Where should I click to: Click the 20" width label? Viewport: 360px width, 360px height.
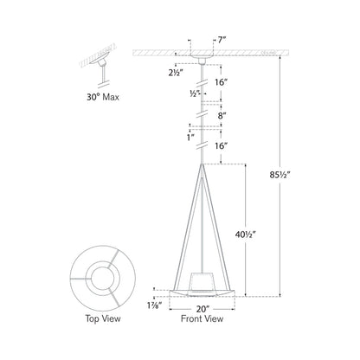point(202,306)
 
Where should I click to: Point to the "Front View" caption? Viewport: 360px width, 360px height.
point(202,318)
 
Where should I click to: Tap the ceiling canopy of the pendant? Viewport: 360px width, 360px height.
point(202,58)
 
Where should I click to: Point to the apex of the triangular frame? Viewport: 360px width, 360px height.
point(202,165)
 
